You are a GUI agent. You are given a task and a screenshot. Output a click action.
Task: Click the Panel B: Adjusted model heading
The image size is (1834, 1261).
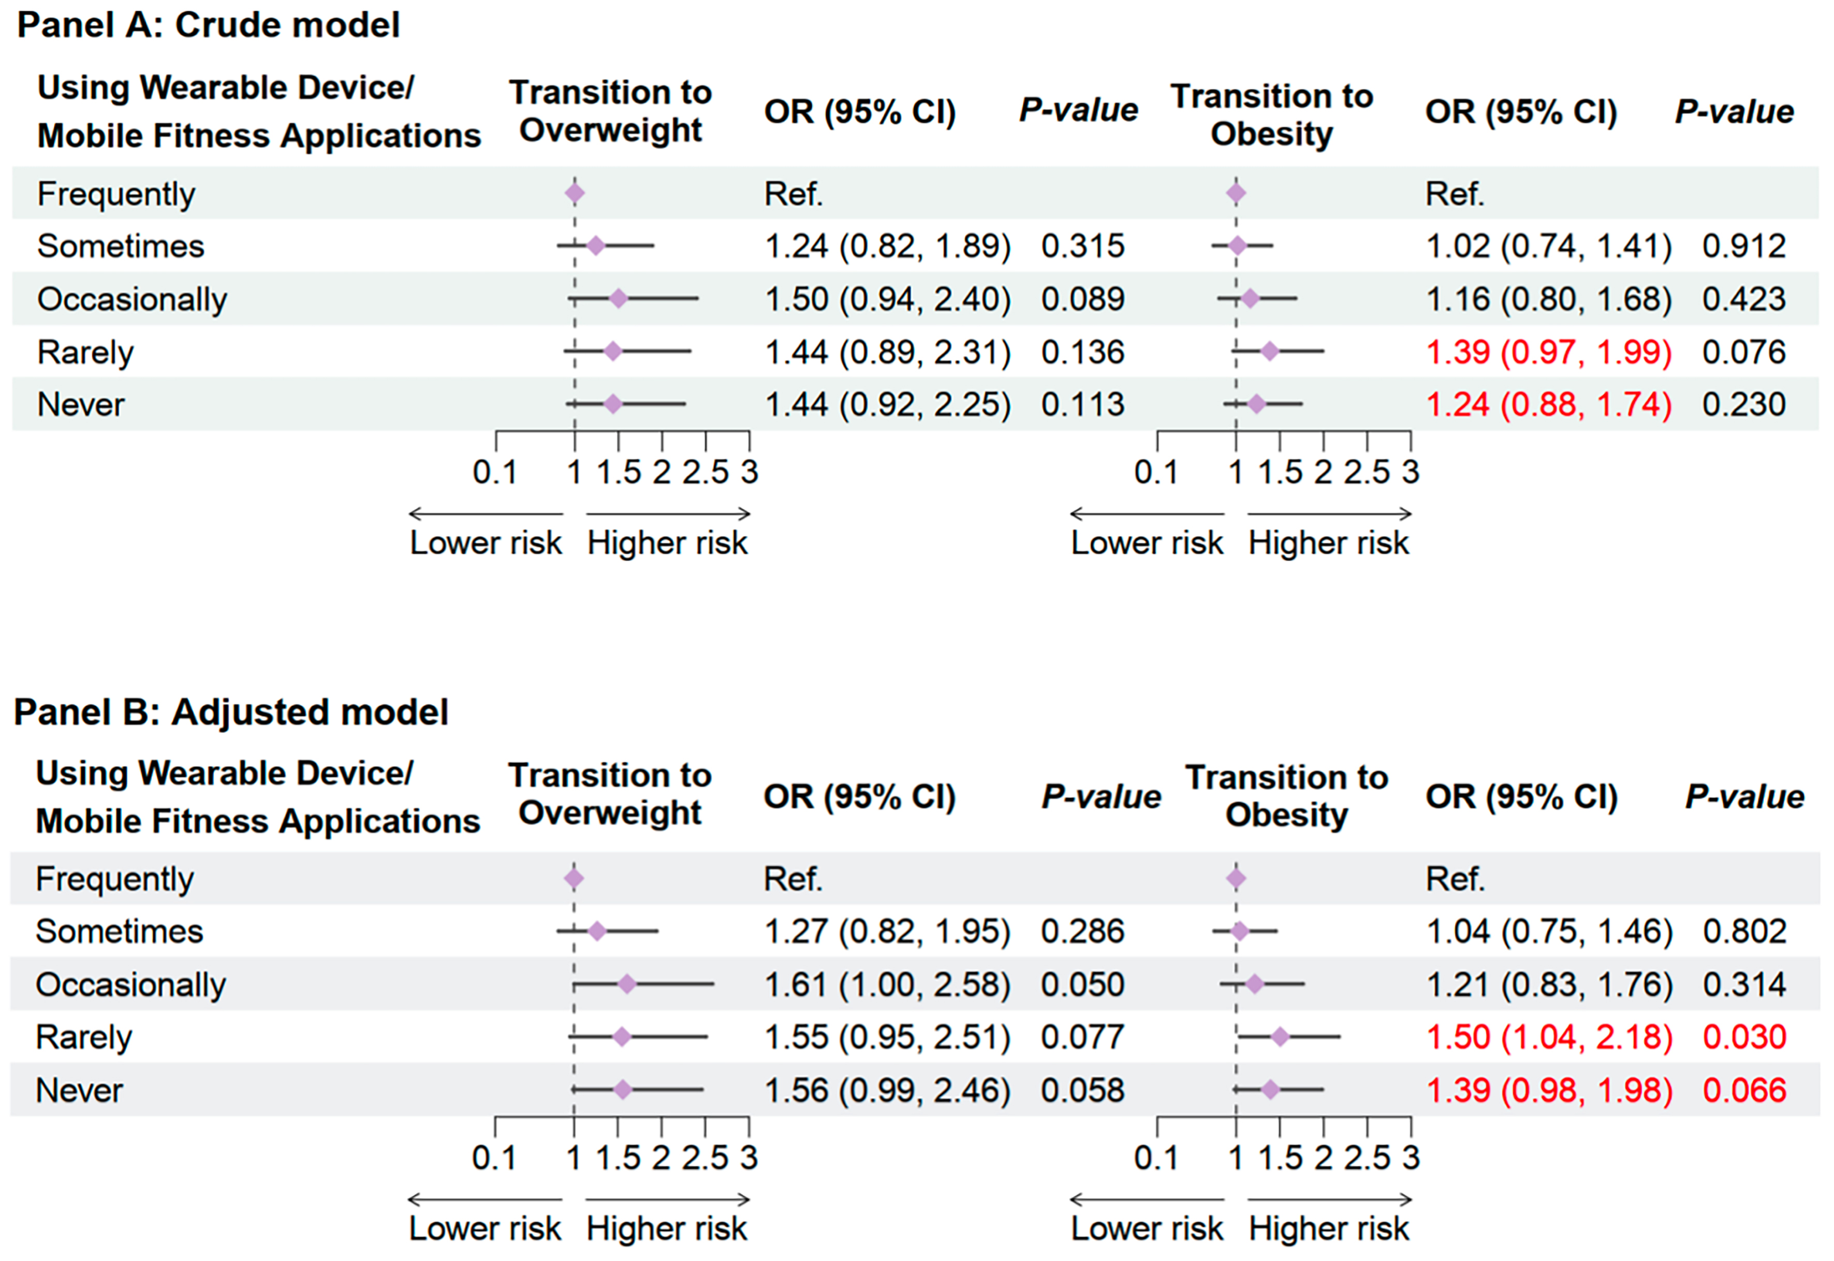231,712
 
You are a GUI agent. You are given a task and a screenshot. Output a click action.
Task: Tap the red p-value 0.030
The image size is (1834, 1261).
1744,1037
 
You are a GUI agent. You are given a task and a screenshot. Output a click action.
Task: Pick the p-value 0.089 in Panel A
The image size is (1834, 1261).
1082,299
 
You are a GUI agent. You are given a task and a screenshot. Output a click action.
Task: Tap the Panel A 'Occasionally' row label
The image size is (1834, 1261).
132,299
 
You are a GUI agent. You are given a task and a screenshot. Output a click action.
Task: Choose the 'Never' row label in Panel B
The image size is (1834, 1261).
79,1090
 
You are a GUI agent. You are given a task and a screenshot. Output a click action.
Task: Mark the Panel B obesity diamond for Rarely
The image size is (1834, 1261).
1280,1037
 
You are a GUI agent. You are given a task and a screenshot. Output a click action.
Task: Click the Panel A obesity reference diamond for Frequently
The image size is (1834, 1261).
1236,193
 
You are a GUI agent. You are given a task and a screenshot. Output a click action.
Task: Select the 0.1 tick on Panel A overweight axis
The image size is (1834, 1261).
495,472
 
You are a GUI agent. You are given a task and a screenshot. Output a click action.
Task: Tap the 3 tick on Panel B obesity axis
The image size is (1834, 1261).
1411,1157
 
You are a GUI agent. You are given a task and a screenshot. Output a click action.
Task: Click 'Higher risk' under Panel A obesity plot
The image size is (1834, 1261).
1328,543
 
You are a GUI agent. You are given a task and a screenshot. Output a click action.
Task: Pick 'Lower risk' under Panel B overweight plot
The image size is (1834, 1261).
484,1228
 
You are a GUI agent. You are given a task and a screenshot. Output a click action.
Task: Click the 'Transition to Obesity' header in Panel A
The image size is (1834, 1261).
1272,114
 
